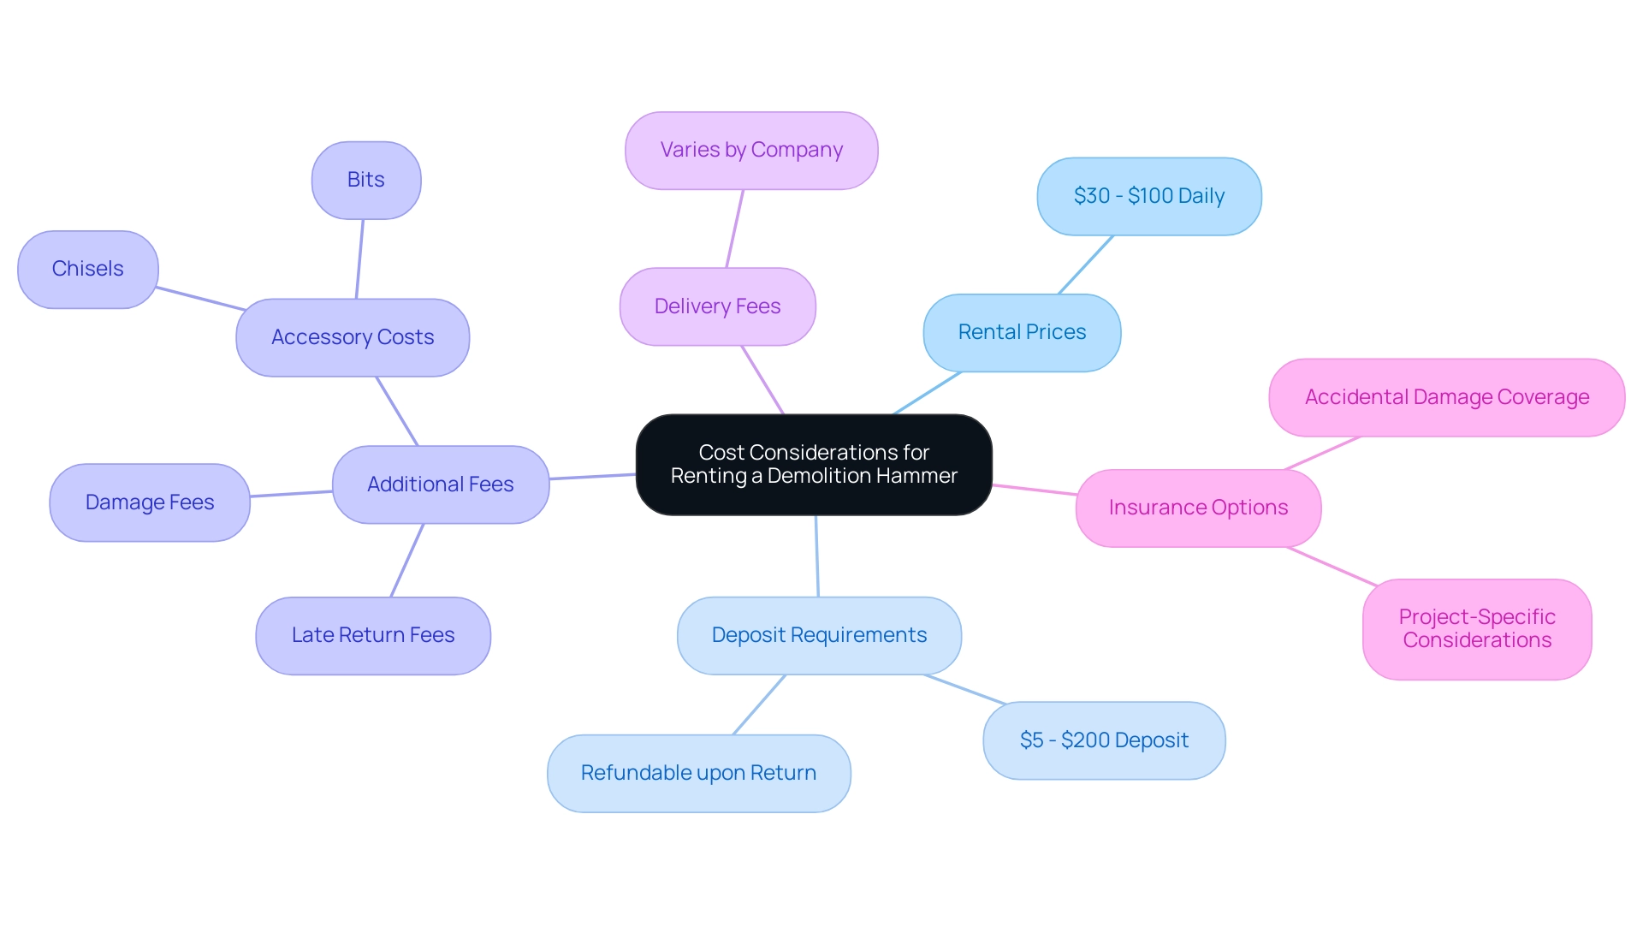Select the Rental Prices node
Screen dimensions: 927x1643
pos(1022,333)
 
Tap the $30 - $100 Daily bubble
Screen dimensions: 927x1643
pos(1148,196)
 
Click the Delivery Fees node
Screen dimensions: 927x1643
pos(717,306)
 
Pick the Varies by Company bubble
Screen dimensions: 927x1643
pos(751,151)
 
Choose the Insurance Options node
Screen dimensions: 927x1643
pos(1198,508)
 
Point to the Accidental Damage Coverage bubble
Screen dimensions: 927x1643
pos(1446,397)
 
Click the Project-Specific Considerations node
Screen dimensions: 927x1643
pos(1476,629)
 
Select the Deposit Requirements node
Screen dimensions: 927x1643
pos(819,635)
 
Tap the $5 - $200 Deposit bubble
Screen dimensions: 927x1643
pos(1104,740)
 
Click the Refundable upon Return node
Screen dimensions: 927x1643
pos(698,773)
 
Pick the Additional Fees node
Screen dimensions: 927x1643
pos(440,484)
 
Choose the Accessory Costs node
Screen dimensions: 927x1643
pos(353,337)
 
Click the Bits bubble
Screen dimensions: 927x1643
pos(366,180)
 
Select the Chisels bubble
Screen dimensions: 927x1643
pos(87,269)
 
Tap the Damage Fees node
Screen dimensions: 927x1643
pos(150,502)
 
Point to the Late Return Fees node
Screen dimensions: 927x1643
pos(373,635)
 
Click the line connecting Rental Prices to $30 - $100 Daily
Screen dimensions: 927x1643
pos(1086,264)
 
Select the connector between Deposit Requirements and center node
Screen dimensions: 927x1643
pos(817,556)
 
